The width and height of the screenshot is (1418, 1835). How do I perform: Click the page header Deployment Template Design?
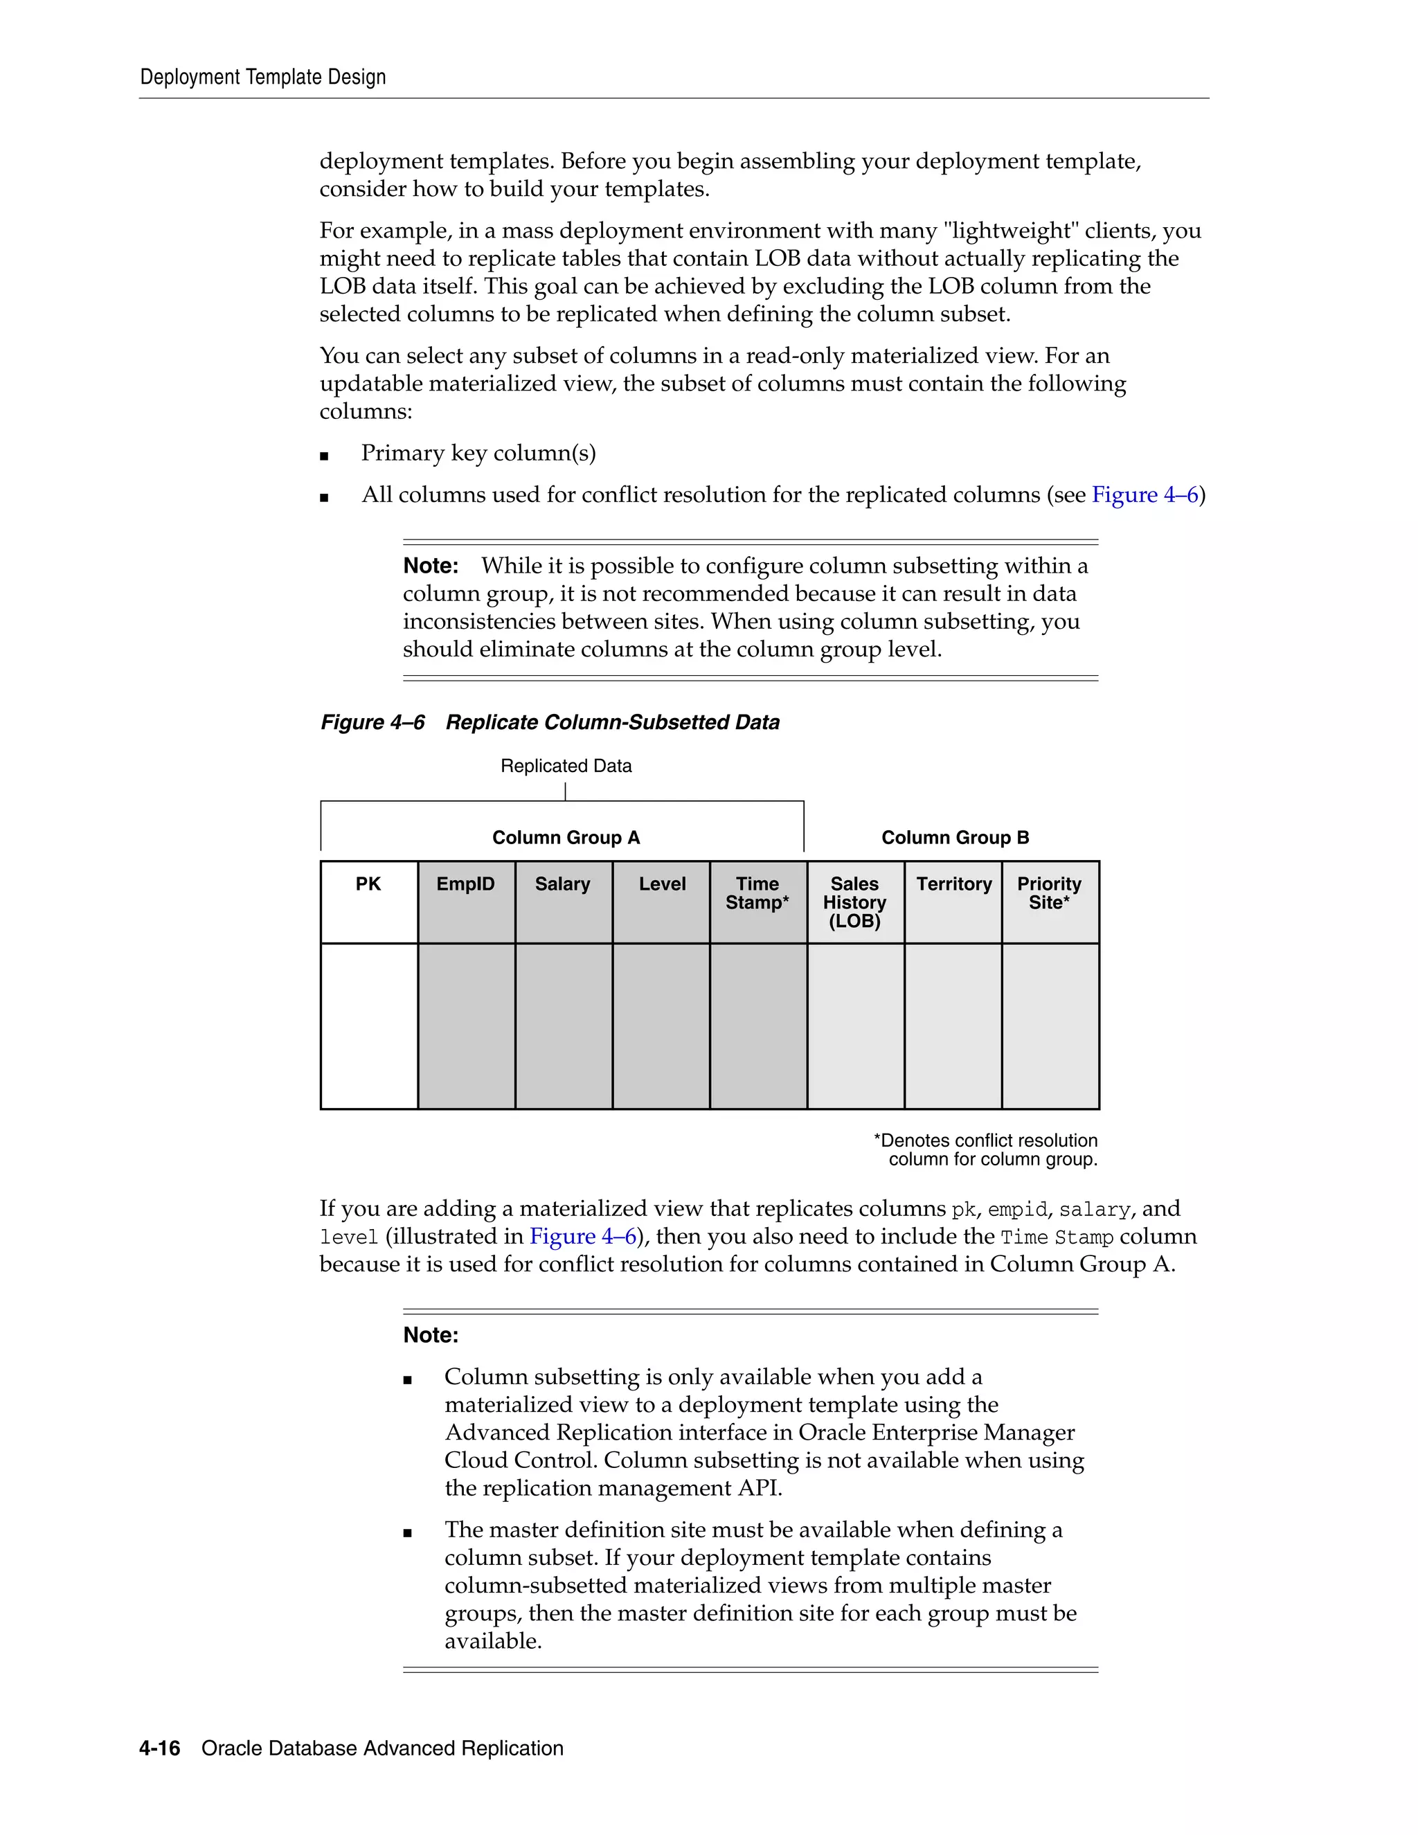pos(262,78)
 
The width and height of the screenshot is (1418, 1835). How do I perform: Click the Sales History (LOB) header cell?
pos(854,902)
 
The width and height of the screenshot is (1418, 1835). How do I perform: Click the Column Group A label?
pos(566,838)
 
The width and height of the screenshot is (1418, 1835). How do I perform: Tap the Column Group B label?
pos(955,838)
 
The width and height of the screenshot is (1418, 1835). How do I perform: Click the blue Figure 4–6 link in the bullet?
pos(1144,495)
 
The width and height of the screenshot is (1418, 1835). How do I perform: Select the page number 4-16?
pos(160,1748)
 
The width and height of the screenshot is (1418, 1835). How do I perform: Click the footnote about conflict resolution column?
pos(986,1150)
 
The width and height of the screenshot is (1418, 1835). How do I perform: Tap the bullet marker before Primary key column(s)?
pos(324,456)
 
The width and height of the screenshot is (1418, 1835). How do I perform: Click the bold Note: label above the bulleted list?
pos(431,1335)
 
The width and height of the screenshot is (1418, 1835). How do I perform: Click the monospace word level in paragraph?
pos(349,1237)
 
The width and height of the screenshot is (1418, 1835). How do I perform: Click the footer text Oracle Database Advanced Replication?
pos(382,1748)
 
